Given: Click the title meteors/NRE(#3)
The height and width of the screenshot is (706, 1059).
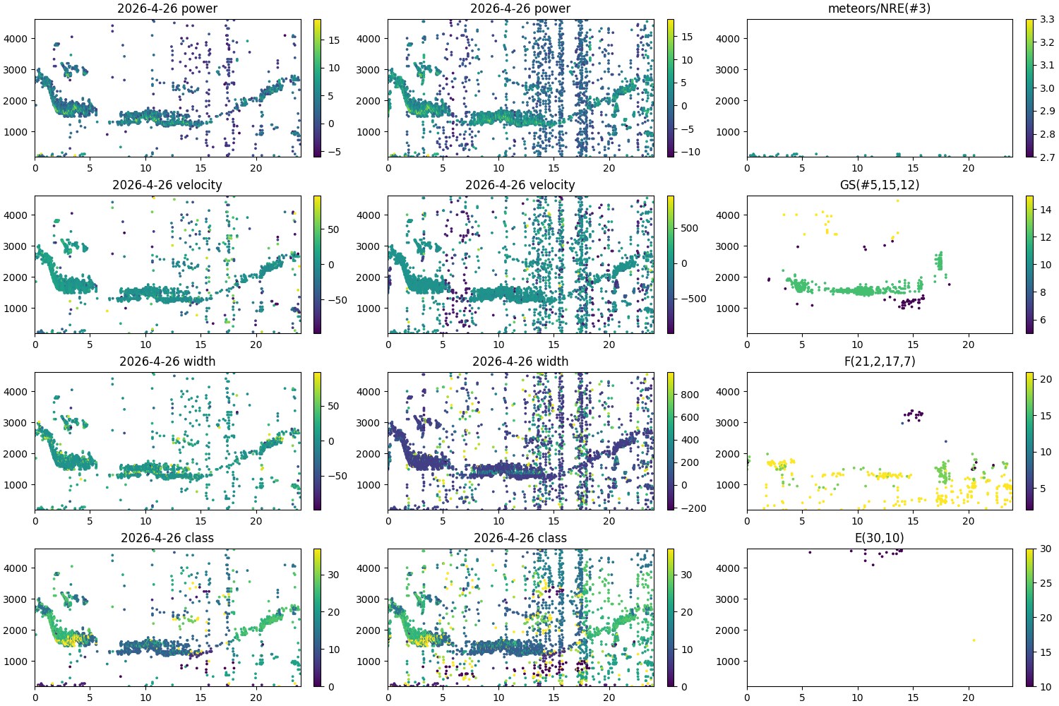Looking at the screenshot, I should point(879,8).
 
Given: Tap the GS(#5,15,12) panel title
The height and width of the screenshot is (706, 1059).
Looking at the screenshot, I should point(879,185).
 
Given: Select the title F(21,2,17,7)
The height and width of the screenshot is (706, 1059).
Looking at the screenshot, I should point(879,361).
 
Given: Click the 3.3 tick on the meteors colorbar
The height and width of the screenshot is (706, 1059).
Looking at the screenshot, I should point(1047,20).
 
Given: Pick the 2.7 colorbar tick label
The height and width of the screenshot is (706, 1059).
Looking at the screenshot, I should point(1047,157).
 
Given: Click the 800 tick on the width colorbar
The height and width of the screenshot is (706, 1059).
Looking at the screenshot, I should point(690,395).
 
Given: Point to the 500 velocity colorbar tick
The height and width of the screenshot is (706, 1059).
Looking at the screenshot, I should point(690,228).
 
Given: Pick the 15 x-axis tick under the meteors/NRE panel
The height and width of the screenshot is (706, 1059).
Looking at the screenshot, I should point(913,168).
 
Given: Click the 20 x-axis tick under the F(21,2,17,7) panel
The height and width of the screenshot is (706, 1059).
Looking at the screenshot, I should point(969,521).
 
